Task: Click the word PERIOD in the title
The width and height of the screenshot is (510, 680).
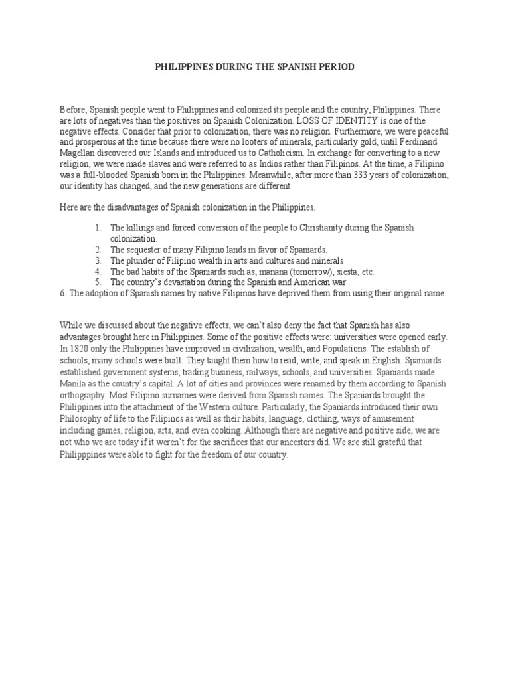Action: click(x=336, y=67)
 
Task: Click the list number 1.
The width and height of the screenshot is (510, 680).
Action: click(x=98, y=228)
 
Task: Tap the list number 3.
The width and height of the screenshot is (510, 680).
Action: click(x=98, y=260)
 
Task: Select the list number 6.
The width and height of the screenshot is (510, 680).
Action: click(x=62, y=293)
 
